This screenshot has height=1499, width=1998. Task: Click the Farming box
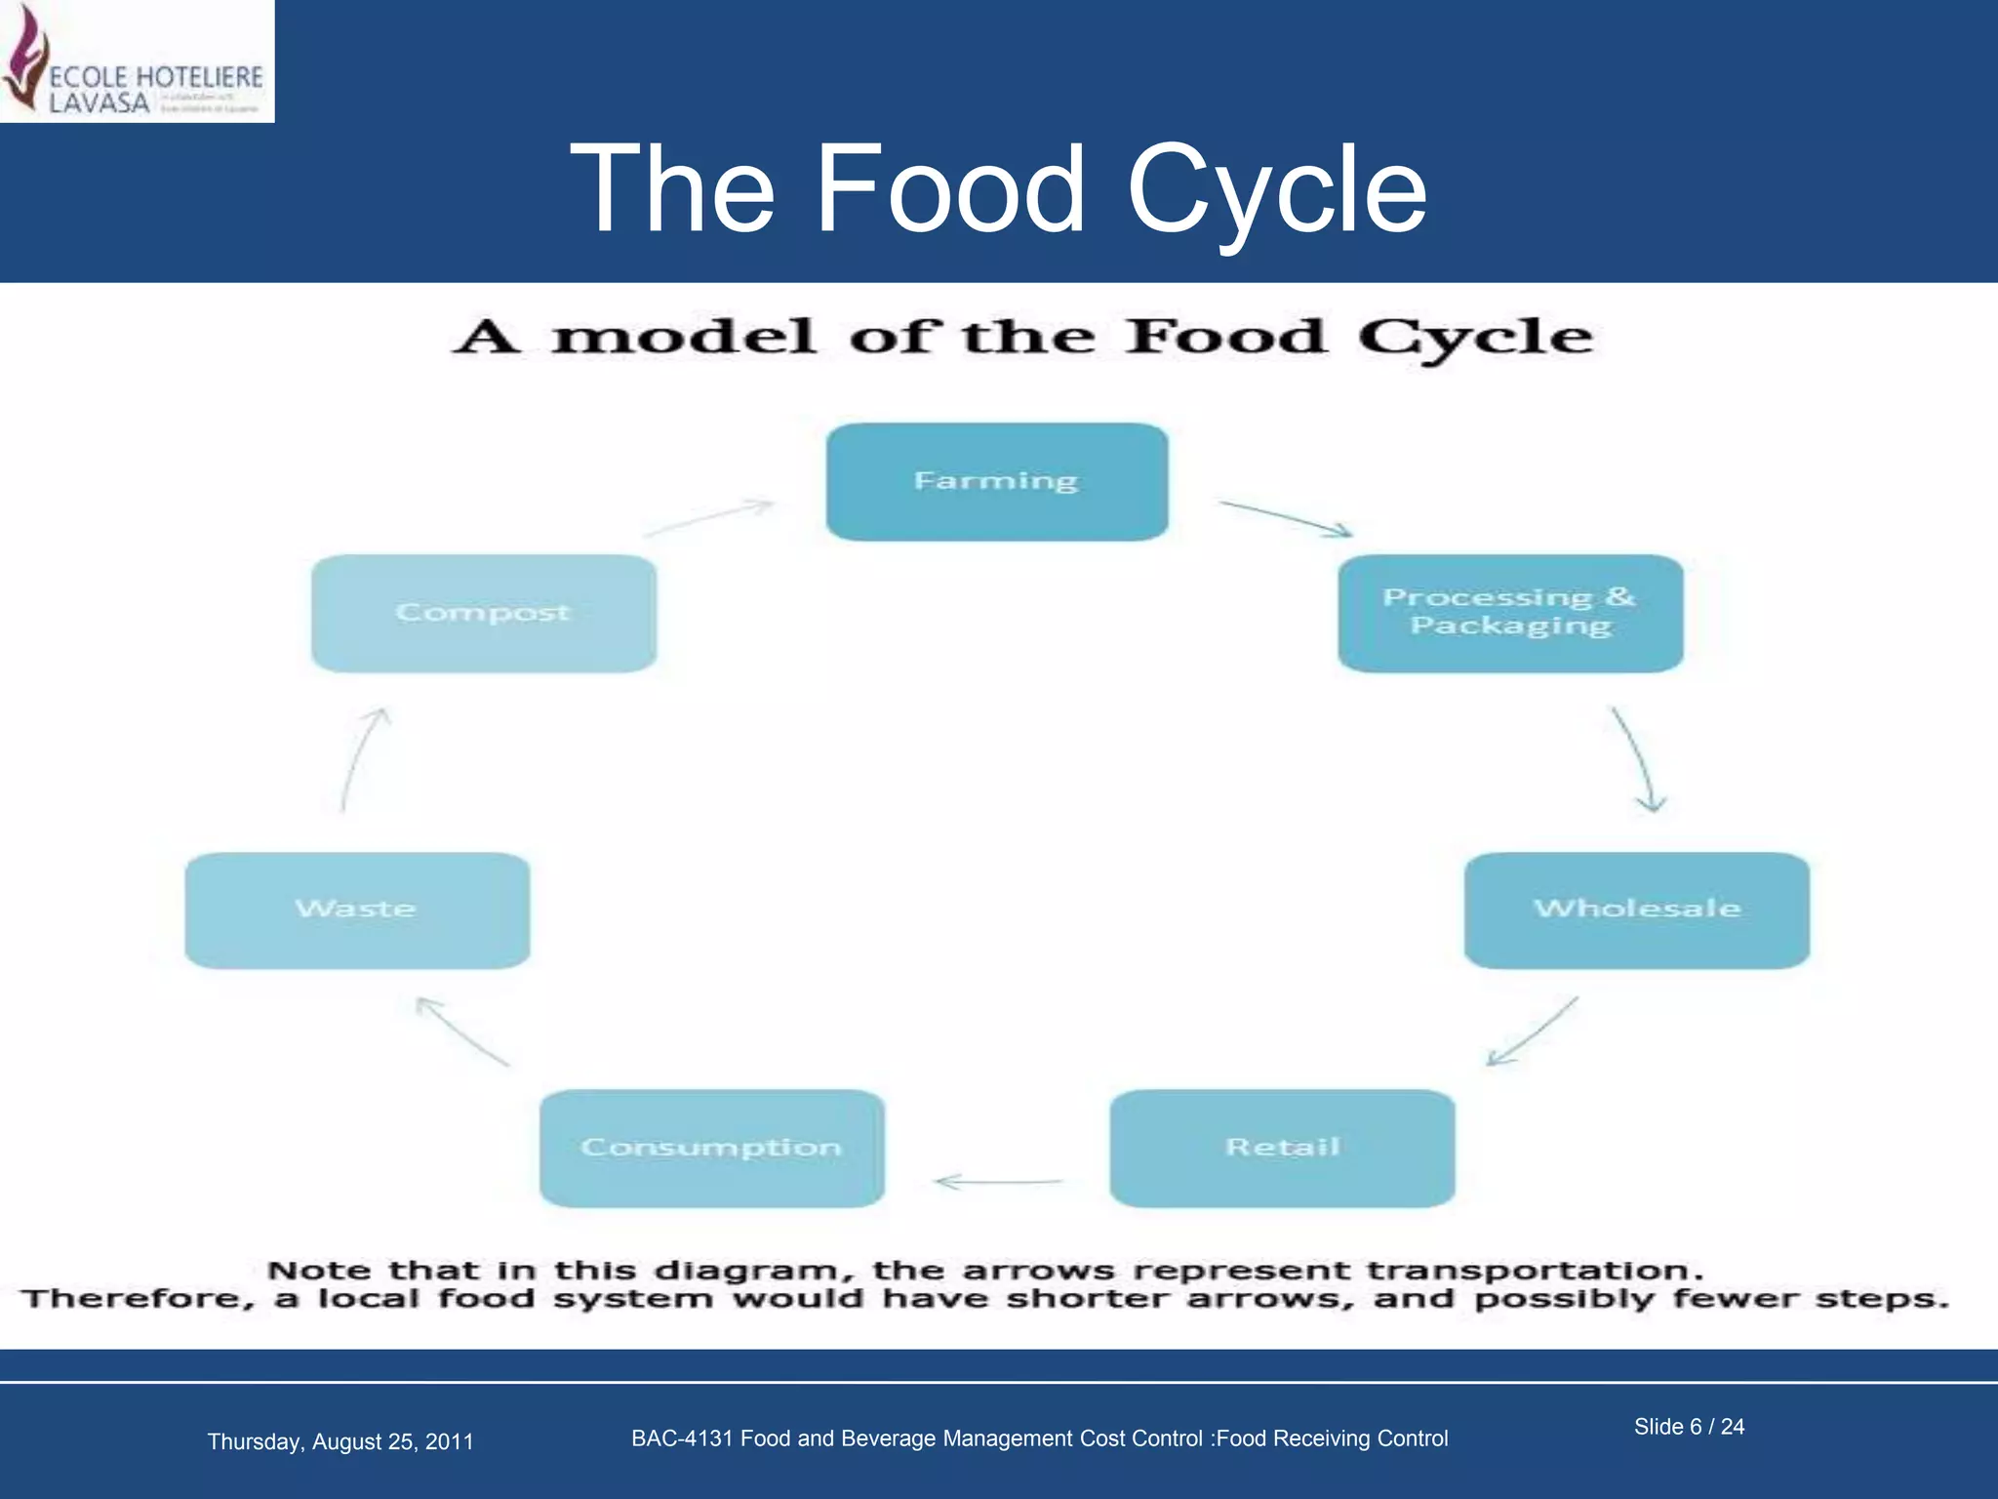[996, 482]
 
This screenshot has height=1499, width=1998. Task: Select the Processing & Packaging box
[1510, 613]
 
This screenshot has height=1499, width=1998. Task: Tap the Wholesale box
[1636, 910]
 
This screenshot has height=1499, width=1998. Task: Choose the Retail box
[1282, 1148]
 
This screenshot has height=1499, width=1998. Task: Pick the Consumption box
[711, 1148]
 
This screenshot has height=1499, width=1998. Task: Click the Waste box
[357, 910]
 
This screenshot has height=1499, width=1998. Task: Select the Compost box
[483, 613]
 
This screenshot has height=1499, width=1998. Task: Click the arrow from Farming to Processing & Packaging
[1286, 518]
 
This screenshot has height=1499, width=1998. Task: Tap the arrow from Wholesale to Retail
[1532, 1032]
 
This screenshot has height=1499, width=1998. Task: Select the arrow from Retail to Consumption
[997, 1182]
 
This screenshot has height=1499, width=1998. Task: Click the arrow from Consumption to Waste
[462, 1032]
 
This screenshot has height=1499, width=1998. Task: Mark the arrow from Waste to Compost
[363, 759]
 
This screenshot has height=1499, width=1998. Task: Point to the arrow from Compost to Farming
[709, 518]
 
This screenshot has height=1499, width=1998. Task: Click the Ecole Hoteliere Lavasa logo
[137, 61]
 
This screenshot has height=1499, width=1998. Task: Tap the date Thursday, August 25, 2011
[340, 1441]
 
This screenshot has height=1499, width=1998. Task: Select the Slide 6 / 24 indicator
[1689, 1427]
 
